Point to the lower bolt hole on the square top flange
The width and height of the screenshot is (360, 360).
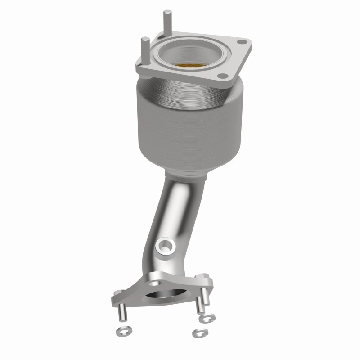pos(221,76)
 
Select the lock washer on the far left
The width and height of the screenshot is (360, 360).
pos(118,332)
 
